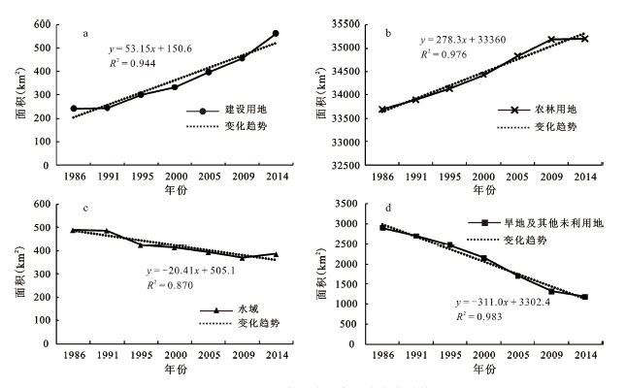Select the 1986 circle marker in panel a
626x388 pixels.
coord(74,109)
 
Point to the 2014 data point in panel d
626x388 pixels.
coord(584,297)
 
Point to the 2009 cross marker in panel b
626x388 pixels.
coord(551,39)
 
